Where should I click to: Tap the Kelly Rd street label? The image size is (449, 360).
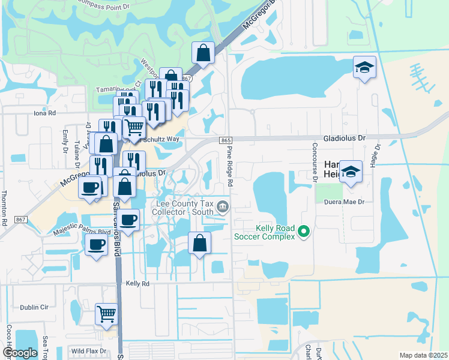click(137, 283)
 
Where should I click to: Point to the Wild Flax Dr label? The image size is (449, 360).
click(88, 351)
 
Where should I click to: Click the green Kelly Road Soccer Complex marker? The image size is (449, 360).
click(304, 230)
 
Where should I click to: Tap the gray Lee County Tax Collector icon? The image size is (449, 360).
click(223, 208)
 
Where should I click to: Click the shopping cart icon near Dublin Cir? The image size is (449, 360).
click(106, 314)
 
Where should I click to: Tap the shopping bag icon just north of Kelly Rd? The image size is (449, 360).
click(200, 243)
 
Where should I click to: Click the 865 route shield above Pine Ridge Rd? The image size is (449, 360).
click(226, 140)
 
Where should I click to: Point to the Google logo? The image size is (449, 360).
click(20, 352)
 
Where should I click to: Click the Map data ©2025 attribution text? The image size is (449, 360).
click(423, 355)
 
